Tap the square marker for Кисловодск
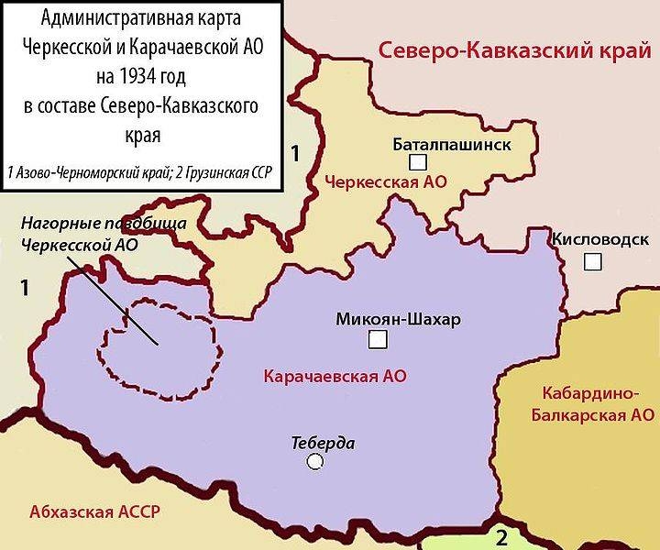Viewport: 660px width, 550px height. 593,262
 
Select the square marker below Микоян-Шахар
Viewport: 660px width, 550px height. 376,341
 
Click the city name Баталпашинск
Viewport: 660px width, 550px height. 452,144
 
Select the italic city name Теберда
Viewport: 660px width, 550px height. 323,443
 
